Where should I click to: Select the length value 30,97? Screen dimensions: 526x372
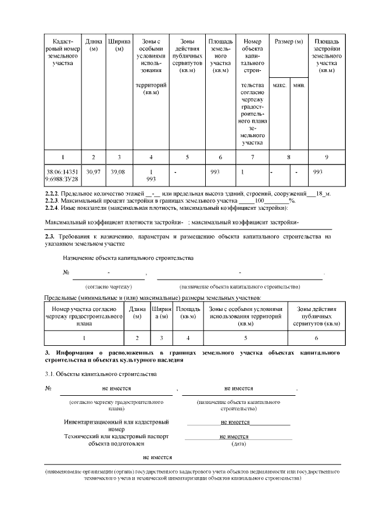pyautogui.click(x=93, y=173)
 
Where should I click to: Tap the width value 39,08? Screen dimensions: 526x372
pyautogui.click(x=118, y=173)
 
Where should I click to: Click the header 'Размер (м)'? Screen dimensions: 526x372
pyautogui.click(x=289, y=42)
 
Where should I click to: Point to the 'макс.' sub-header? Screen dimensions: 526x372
pyautogui.click(x=280, y=85)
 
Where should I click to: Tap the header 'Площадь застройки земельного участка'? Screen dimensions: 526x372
pyautogui.click(x=327, y=56)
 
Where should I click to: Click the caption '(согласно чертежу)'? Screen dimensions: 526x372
pyautogui.click(x=109, y=287)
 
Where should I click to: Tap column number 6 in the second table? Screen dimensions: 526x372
pyautogui.click(x=316, y=337)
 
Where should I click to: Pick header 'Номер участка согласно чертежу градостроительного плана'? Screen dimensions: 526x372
pyautogui.click(x=84, y=316)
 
